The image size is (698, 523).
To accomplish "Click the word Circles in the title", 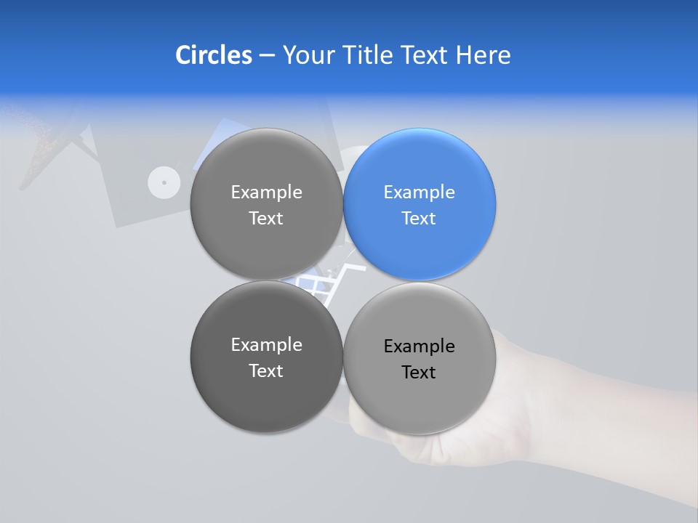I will [x=213, y=55].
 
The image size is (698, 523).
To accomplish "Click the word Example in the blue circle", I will [x=419, y=192].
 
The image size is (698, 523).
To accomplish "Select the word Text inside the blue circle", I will [x=419, y=219].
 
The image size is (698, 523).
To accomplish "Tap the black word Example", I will [x=419, y=346].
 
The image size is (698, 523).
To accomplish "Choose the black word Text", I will [x=419, y=373].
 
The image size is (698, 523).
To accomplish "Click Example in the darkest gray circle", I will [x=266, y=345].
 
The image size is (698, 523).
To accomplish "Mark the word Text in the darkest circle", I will [x=266, y=371].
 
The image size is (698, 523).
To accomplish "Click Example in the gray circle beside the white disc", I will [x=266, y=192].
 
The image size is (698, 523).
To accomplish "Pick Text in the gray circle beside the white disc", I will [x=266, y=219].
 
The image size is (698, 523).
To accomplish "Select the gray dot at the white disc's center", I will [x=164, y=182].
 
